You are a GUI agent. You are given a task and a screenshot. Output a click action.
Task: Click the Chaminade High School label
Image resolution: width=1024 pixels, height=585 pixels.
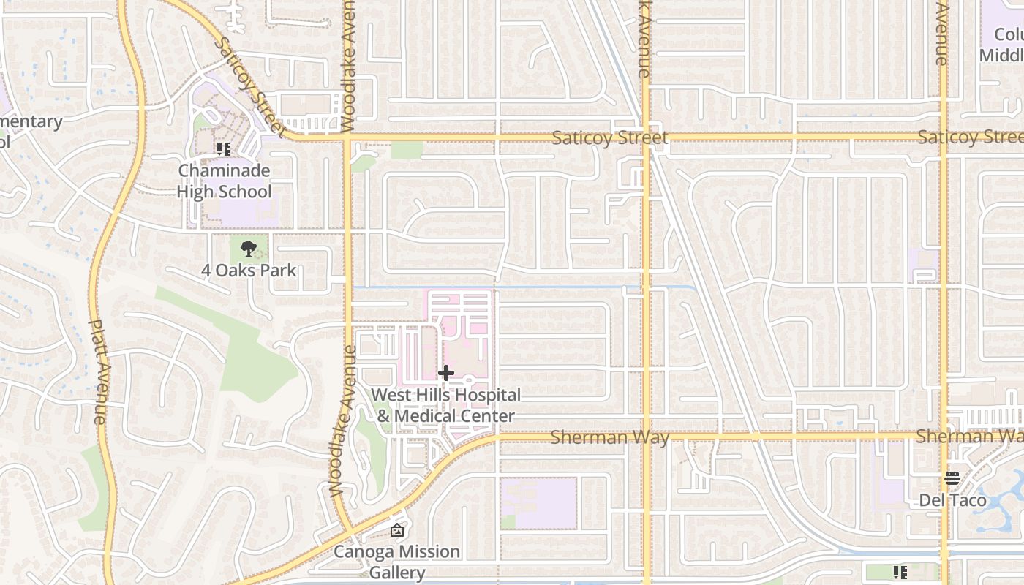click(225, 181)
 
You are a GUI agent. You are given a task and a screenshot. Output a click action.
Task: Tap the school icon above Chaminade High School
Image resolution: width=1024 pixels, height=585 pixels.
click(224, 149)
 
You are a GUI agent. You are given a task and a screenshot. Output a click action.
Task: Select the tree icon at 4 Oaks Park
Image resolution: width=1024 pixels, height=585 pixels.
click(249, 249)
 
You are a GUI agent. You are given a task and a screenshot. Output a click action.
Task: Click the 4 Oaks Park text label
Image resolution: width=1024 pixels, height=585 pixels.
click(249, 270)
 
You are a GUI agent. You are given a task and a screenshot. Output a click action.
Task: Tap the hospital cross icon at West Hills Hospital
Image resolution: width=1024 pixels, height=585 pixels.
click(445, 374)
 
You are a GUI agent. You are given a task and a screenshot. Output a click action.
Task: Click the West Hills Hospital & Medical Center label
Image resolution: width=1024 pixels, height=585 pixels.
click(445, 405)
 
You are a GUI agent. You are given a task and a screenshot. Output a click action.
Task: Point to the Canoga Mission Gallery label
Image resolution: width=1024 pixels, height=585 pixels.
click(396, 561)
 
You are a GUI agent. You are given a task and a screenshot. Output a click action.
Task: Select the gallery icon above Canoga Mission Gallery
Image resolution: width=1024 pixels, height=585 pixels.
click(397, 530)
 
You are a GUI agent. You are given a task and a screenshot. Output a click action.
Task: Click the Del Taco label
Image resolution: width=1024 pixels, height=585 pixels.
click(952, 500)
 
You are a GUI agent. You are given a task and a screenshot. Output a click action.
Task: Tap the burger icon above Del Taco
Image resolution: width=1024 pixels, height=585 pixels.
click(952, 478)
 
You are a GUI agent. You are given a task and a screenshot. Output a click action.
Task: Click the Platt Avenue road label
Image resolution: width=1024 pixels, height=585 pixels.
click(99, 371)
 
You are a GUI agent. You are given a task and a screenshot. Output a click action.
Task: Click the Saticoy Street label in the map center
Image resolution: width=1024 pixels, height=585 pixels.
click(609, 137)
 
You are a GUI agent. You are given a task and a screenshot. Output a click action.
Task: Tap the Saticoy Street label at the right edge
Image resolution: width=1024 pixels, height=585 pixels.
click(969, 137)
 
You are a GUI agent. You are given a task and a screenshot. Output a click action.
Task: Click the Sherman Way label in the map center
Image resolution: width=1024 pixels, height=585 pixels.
click(609, 437)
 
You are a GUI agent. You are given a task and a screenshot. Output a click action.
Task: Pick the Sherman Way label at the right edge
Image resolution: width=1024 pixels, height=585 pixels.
click(968, 436)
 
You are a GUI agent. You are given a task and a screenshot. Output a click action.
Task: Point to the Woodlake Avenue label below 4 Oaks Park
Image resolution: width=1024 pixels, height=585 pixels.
click(340, 420)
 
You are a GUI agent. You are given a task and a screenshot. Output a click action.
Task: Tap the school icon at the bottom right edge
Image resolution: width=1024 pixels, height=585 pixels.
click(900, 572)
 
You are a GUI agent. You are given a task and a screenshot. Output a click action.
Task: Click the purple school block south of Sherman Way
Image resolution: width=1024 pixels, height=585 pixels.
click(539, 503)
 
